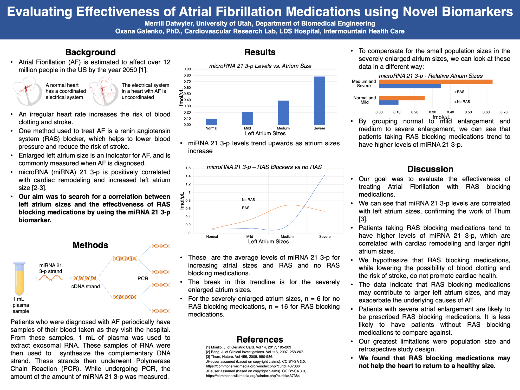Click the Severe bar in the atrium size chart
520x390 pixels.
click(319, 101)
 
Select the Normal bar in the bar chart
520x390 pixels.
click(211, 122)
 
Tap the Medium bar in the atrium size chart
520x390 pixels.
click(283, 113)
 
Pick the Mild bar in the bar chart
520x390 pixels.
click(248, 119)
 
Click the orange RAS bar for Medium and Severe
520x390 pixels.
click(436, 82)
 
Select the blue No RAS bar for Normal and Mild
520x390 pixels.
click(389, 103)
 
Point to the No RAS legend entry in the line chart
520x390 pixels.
click(246, 200)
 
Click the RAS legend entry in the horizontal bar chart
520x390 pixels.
click(459, 92)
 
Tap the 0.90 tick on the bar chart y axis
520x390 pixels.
click(187, 69)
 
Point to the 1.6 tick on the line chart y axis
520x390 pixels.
click(188, 168)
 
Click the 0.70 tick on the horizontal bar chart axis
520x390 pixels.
click(504, 112)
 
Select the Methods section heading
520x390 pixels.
click(90, 245)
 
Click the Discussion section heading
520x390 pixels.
click(430, 169)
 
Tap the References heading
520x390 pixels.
click(260, 340)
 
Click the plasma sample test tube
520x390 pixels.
click(19, 278)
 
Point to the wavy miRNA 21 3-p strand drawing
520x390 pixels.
click(51, 278)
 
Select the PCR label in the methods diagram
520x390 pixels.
click(143, 278)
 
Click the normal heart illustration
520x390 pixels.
click(28, 91)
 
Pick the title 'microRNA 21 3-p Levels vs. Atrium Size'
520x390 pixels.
click(260, 66)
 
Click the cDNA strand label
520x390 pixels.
click(86, 287)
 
